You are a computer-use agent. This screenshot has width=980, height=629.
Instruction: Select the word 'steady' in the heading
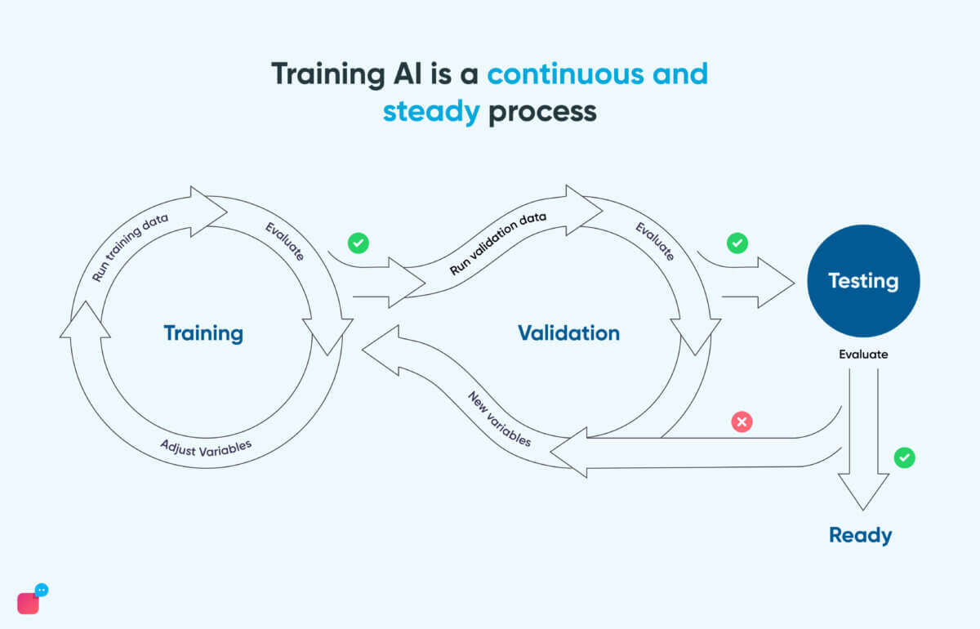click(431, 111)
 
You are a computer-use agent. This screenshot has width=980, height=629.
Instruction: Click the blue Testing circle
click(863, 281)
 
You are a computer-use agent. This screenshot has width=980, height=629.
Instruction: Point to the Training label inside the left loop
click(203, 333)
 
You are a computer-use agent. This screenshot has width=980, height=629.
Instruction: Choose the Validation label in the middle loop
click(568, 333)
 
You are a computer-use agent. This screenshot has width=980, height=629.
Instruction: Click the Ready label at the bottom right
click(860, 535)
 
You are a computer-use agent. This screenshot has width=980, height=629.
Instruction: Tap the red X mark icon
click(742, 422)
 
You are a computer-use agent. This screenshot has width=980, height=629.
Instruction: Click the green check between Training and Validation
click(358, 243)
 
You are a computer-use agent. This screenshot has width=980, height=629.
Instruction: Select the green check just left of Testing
click(737, 243)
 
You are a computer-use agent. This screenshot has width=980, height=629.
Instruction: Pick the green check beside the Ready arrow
click(904, 457)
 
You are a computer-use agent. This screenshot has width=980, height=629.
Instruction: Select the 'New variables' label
click(499, 419)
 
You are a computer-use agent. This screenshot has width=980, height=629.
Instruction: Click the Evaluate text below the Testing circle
click(863, 355)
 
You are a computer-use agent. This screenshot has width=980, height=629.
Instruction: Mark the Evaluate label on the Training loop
click(284, 241)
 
